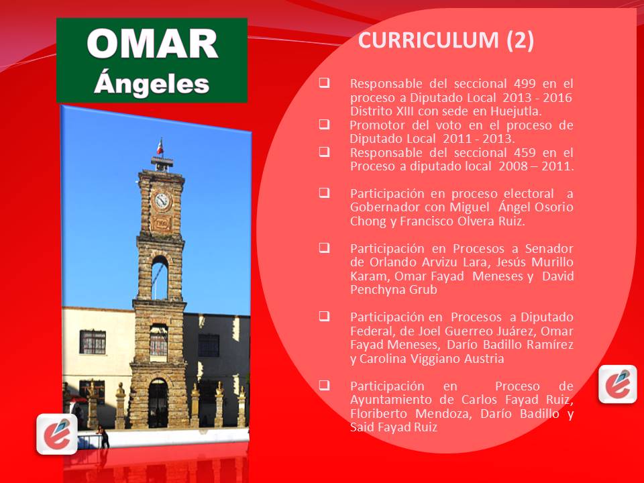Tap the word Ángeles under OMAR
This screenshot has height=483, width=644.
152,83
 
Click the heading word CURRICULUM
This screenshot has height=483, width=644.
429,41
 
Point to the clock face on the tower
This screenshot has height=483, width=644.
162,200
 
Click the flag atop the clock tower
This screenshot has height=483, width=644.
159,146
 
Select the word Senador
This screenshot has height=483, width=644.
542,248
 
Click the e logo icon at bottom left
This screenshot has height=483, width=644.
57,433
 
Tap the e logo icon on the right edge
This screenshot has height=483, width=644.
617,384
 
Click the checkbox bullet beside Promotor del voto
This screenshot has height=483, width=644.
324,125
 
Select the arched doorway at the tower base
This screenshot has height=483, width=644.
158,402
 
